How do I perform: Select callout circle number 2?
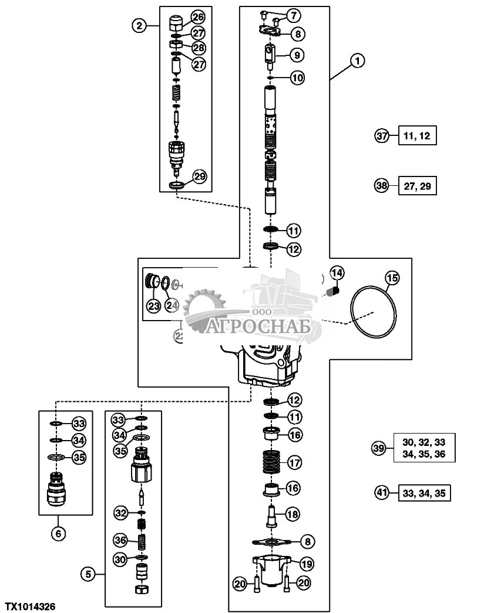pyautogui.click(x=139, y=26)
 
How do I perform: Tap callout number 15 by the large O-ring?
pyautogui.click(x=392, y=277)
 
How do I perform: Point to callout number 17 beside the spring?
pyautogui.click(x=294, y=462)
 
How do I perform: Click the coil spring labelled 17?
pyautogui.click(x=270, y=461)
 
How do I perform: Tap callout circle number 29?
pyautogui.click(x=199, y=176)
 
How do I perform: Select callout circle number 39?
pyautogui.click(x=379, y=448)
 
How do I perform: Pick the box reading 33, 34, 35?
pyautogui.click(x=424, y=492)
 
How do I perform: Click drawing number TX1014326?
pyautogui.click(x=31, y=605)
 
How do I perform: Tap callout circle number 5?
pyautogui.click(x=88, y=573)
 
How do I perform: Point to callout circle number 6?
pyautogui.click(x=58, y=533)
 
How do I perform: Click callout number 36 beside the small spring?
pyautogui.click(x=120, y=539)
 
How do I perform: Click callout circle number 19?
pyautogui.click(x=307, y=563)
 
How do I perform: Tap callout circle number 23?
pyautogui.click(x=153, y=305)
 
